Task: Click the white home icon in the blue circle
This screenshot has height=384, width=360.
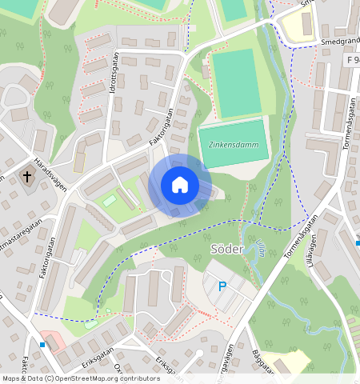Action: pos(180,185)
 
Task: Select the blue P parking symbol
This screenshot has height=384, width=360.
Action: pos(222,286)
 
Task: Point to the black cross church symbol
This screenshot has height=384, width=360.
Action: pos(27,175)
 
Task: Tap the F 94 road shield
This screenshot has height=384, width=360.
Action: pos(352,60)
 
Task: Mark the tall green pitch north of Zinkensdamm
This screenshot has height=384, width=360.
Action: pos(237,83)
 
